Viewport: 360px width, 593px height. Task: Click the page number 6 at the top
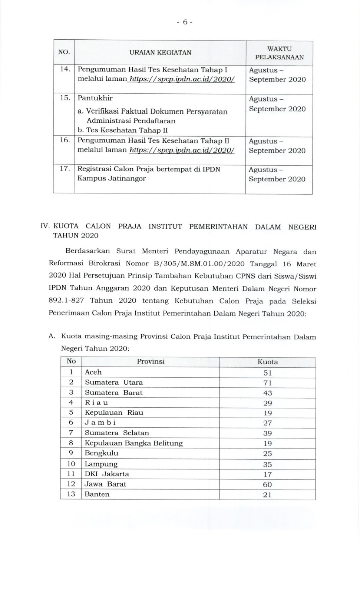[x=184, y=22]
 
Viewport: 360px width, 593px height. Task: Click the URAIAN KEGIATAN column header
[x=160, y=53]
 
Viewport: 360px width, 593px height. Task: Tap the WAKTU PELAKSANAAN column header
[x=279, y=53]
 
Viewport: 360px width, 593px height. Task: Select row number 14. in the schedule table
[x=65, y=69]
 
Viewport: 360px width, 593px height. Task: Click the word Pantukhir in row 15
[x=95, y=98]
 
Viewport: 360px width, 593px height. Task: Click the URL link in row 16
[x=182, y=150]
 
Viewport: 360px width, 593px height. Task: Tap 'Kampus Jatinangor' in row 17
[x=112, y=179]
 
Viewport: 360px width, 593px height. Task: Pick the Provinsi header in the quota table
[x=151, y=362]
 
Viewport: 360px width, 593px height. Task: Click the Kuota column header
[x=268, y=362]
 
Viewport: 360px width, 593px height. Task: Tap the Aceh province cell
[x=93, y=372]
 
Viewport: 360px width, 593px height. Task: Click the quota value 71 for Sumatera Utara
[x=268, y=383]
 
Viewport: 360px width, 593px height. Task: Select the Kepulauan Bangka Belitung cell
[x=133, y=443]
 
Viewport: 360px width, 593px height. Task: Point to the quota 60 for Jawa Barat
[x=267, y=484]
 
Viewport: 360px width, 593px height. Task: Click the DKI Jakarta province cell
[x=107, y=474]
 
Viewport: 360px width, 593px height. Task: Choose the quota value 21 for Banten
[x=267, y=494]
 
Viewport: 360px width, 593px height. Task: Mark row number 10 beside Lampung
[x=71, y=464]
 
